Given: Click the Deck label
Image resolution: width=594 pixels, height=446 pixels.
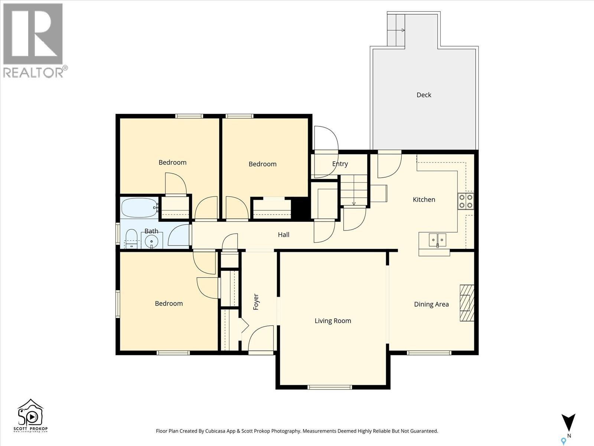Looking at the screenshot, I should point(424,95).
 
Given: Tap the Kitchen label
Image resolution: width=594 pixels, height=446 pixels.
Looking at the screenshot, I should point(424,200).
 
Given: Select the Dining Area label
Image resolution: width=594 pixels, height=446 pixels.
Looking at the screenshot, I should point(431,304).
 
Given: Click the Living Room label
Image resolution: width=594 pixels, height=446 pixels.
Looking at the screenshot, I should point(333,321).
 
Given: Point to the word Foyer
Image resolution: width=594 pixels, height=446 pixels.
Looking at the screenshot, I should point(256,302).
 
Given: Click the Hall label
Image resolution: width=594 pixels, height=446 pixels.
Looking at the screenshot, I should point(284,235).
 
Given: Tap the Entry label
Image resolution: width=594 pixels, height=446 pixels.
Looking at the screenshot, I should point(340,164).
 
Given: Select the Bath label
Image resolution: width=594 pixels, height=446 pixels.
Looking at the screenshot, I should point(151,231).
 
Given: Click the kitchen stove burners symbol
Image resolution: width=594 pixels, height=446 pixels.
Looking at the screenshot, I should point(466,201).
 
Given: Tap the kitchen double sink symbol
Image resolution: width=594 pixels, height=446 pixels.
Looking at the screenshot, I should point(437,240).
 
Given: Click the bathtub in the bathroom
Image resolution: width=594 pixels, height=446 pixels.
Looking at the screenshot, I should point(139,208).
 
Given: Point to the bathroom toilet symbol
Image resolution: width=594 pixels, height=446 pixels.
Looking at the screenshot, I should point(131,239).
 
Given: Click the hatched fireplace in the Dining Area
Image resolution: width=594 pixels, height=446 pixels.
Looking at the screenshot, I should point(467,303).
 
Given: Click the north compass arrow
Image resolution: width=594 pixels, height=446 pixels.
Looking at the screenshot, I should point(568,423).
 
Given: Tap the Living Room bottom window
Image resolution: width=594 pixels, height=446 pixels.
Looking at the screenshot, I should point(330,387).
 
